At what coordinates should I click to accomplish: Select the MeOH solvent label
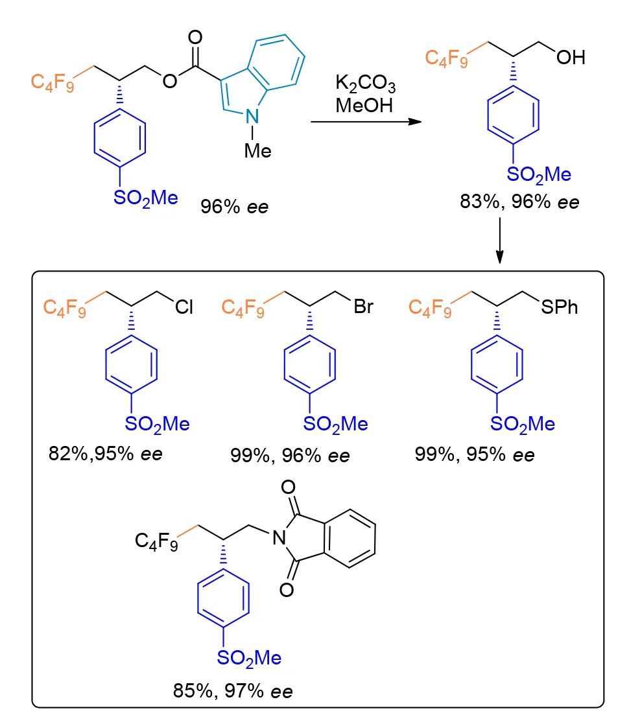tap(364, 105)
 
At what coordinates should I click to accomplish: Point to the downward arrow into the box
tap(500, 240)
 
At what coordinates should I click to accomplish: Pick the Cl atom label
tap(184, 307)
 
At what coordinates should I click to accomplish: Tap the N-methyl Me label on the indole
tap(257, 150)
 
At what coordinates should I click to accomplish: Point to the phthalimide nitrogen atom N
tap(278, 535)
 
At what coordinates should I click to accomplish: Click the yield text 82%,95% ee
tap(105, 452)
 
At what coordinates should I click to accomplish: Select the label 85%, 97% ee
tap(233, 691)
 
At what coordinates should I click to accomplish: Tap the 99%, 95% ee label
tap(475, 454)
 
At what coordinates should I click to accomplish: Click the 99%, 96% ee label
tap(290, 454)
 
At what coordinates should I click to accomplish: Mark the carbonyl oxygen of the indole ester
tap(195, 36)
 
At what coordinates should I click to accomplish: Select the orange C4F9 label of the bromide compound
tap(243, 307)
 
